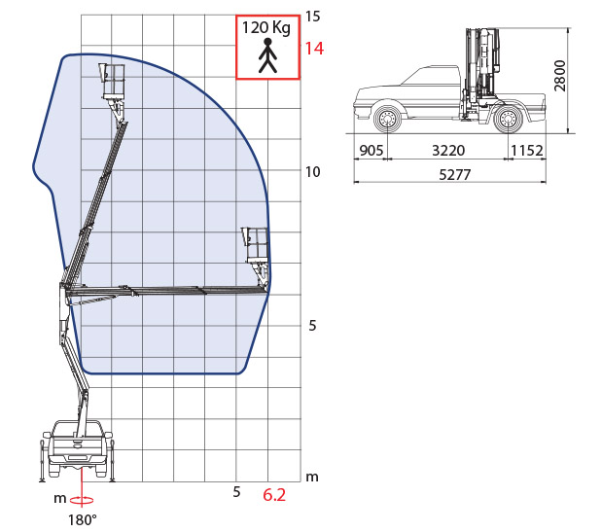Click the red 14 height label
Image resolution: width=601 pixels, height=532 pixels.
point(314,49)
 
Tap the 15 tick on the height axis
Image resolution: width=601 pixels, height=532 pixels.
point(312,17)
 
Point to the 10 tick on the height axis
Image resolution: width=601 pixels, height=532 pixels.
point(312,172)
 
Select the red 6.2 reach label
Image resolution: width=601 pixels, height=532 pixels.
point(274,495)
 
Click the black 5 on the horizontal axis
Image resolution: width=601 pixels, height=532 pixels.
point(236,492)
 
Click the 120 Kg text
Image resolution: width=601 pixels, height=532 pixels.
point(266,28)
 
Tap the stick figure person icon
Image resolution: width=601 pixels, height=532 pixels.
point(267,55)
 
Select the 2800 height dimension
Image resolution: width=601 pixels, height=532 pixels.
point(560,76)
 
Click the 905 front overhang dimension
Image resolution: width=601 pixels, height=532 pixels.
point(371,150)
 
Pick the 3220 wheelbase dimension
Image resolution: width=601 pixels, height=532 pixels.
point(448,150)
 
